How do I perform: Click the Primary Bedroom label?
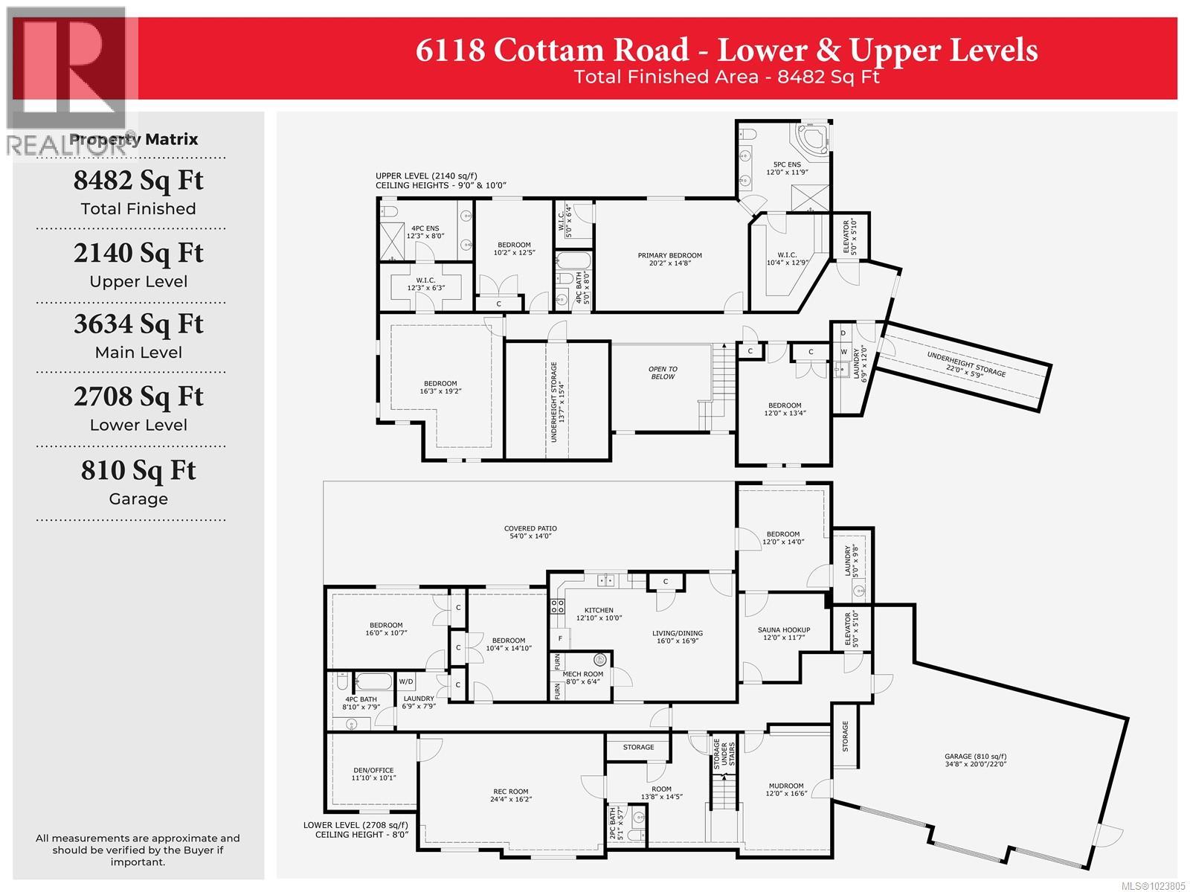point(669,259)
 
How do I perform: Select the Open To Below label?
point(662,373)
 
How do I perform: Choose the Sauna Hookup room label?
point(783,633)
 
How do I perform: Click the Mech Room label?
point(583,677)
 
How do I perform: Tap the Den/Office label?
point(374,774)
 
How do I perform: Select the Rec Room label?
point(510,795)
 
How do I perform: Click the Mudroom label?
point(785,789)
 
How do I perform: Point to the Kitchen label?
point(598,614)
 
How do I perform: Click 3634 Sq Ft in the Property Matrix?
point(138,324)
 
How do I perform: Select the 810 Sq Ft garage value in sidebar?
point(138,471)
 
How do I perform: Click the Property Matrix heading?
point(134,139)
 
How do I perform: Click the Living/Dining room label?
point(677,638)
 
